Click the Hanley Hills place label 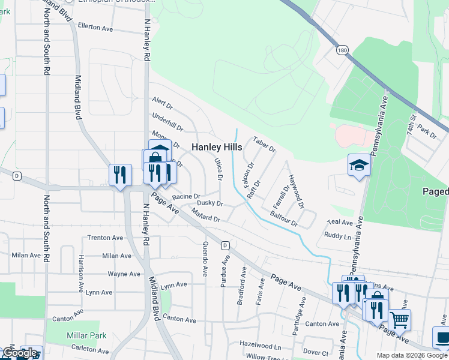tap(217, 147)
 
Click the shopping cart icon tap(399, 319)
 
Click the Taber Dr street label tap(264, 144)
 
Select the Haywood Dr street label tap(296, 191)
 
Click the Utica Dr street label tap(219, 169)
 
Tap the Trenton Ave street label tap(106, 238)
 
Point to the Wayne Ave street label tap(124, 274)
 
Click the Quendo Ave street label tap(205, 259)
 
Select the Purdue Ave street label tap(226, 271)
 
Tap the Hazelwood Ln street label tap(261, 347)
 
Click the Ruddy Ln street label tap(337, 236)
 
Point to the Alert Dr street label tap(162, 103)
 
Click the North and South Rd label tap(46, 43)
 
